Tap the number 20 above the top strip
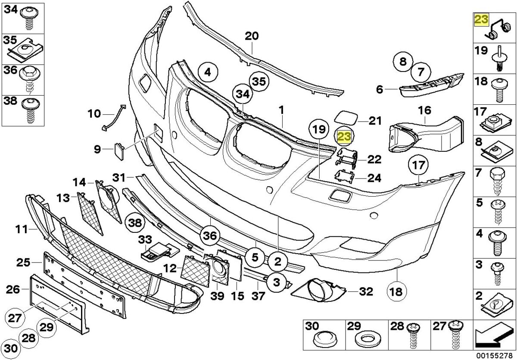click(252, 36)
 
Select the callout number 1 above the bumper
click(280, 110)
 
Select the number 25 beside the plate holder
click(23, 262)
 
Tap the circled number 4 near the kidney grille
click(207, 73)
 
